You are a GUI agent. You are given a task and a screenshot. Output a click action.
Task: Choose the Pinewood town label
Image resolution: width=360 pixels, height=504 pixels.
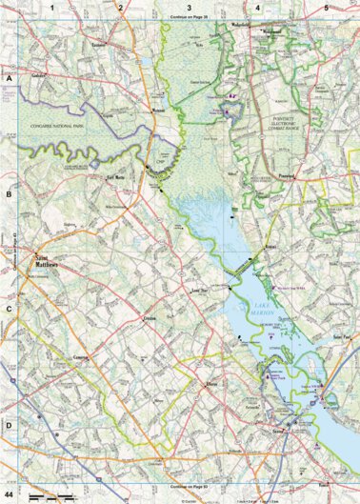click(290, 176)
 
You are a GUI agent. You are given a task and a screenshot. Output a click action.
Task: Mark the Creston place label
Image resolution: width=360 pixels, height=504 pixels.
click(149, 315)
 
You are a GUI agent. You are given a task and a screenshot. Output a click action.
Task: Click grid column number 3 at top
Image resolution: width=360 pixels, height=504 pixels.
click(189, 8)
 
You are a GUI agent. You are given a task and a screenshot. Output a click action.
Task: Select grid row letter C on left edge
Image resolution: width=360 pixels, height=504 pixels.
click(9, 309)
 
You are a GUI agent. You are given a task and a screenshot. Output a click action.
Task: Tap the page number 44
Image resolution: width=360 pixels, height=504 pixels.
click(10, 496)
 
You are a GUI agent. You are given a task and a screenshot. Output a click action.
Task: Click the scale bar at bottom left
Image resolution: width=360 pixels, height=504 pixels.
click(43, 496)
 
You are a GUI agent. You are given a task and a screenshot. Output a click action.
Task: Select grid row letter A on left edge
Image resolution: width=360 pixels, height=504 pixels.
click(9, 81)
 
